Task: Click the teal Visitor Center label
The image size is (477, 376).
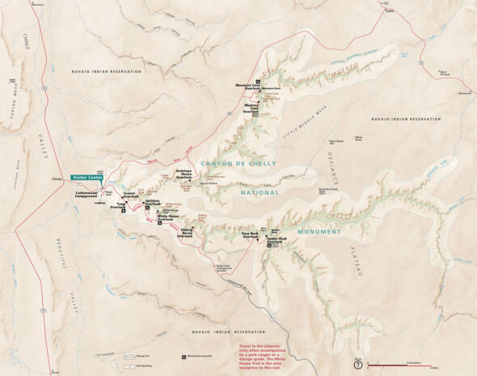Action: pyautogui.click(x=86, y=176)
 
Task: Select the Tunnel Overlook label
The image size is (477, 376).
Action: pyautogui.click(x=129, y=195)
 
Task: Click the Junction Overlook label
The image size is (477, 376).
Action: pyautogui.click(x=153, y=202)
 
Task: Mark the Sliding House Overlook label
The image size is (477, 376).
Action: pyautogui.click(x=186, y=232)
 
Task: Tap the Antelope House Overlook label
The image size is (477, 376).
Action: pyautogui.click(x=183, y=173)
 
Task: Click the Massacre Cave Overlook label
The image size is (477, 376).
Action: pyautogui.click(x=246, y=86)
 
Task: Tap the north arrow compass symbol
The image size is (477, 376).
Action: pyautogui.click(x=358, y=365)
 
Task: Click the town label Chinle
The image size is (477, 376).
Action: pyautogui.click(x=56, y=179)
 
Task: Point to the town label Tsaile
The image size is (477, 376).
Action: pyautogui.click(x=389, y=11)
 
